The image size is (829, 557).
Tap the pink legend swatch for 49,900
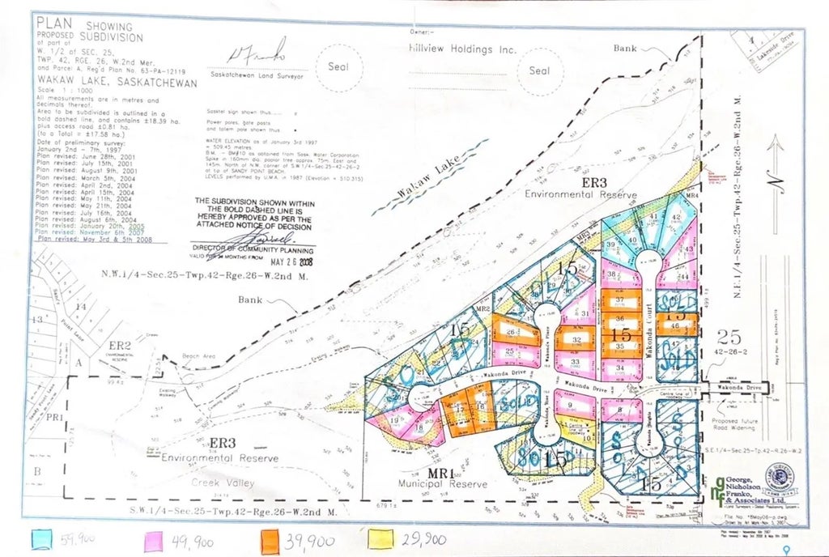pos(156,538)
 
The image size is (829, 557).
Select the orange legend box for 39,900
pos(274,538)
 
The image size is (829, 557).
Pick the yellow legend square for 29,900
pos(380,538)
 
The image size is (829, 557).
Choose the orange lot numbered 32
pos(576,339)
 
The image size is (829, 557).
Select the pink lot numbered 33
pos(577,362)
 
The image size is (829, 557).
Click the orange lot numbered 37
pos(620,300)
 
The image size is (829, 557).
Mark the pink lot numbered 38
pos(614,276)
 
